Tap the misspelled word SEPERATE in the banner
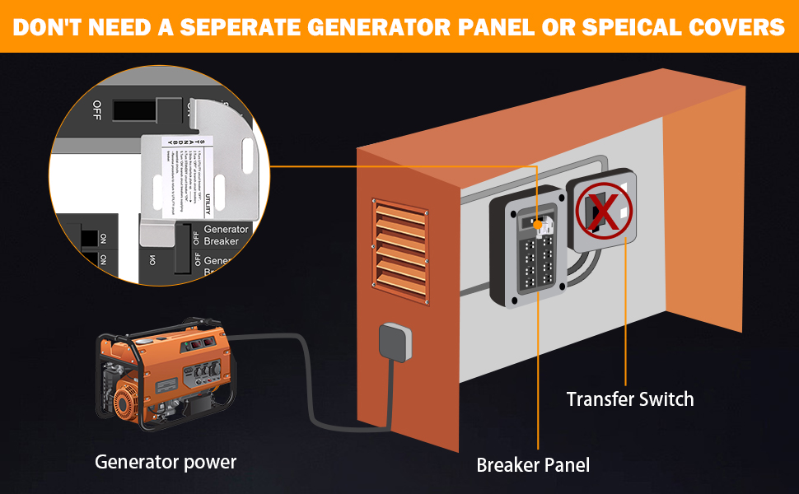pos(242,27)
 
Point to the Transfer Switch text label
pos(630,399)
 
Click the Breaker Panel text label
pos(533,465)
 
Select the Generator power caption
pos(166,462)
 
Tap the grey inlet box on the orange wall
pos(393,342)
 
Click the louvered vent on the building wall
pos(401,248)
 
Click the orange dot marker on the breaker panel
pos(536,224)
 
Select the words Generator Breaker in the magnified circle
pos(221,235)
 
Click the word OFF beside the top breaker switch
pos(97,109)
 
